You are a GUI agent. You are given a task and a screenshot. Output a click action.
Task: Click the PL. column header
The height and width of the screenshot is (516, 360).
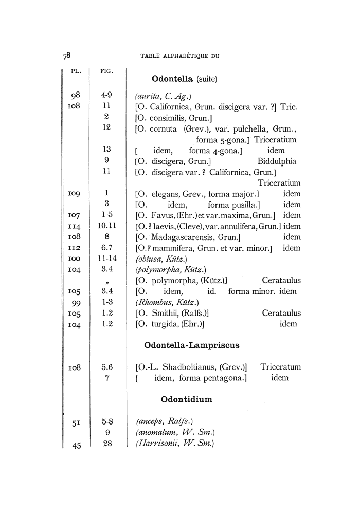pos(77,70)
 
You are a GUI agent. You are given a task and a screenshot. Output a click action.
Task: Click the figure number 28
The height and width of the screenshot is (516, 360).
pos(107,444)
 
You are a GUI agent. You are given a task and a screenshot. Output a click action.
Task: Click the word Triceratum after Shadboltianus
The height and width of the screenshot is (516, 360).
pos(280,367)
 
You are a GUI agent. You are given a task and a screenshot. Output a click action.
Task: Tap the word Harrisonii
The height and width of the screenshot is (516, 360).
pos(156,444)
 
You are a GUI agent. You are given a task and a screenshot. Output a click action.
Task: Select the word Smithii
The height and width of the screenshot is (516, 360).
pos(165,312)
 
